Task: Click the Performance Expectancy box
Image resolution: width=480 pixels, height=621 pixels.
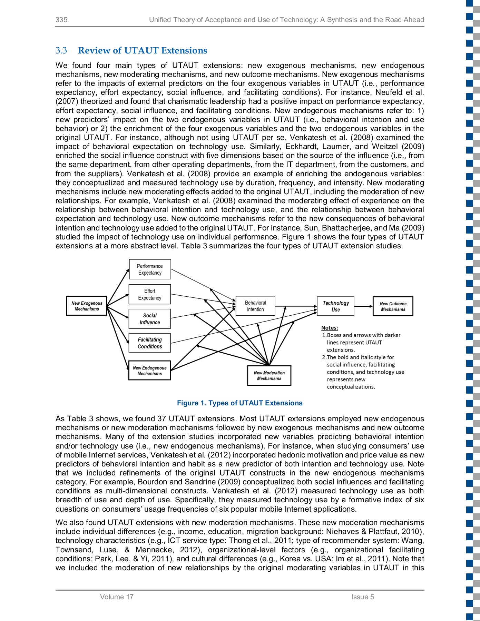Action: (x=150, y=269)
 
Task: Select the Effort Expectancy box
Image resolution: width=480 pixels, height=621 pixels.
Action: (x=150, y=294)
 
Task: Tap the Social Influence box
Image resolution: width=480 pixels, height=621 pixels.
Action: (x=150, y=318)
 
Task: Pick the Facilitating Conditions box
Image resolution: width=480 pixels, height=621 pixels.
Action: (x=150, y=343)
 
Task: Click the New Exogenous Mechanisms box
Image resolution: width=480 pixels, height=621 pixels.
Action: (x=87, y=306)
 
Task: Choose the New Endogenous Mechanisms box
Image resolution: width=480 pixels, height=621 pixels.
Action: (x=150, y=370)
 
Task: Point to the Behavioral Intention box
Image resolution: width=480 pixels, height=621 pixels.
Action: (x=255, y=306)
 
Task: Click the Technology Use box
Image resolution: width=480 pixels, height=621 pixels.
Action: (x=335, y=306)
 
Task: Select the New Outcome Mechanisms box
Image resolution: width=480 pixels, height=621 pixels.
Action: (x=393, y=306)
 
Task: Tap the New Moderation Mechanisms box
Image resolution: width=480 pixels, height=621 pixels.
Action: (x=269, y=375)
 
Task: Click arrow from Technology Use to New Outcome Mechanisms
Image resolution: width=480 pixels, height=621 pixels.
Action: (x=363, y=306)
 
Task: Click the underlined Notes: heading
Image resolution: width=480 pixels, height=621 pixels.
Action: (x=330, y=328)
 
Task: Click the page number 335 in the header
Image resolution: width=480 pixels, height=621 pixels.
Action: (x=61, y=20)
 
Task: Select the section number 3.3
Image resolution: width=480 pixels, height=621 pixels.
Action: (x=61, y=50)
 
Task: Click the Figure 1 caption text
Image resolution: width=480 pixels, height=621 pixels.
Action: (x=239, y=403)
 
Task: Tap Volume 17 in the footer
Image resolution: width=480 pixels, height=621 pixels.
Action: (x=117, y=597)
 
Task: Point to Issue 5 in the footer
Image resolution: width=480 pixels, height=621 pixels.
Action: (x=362, y=597)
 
